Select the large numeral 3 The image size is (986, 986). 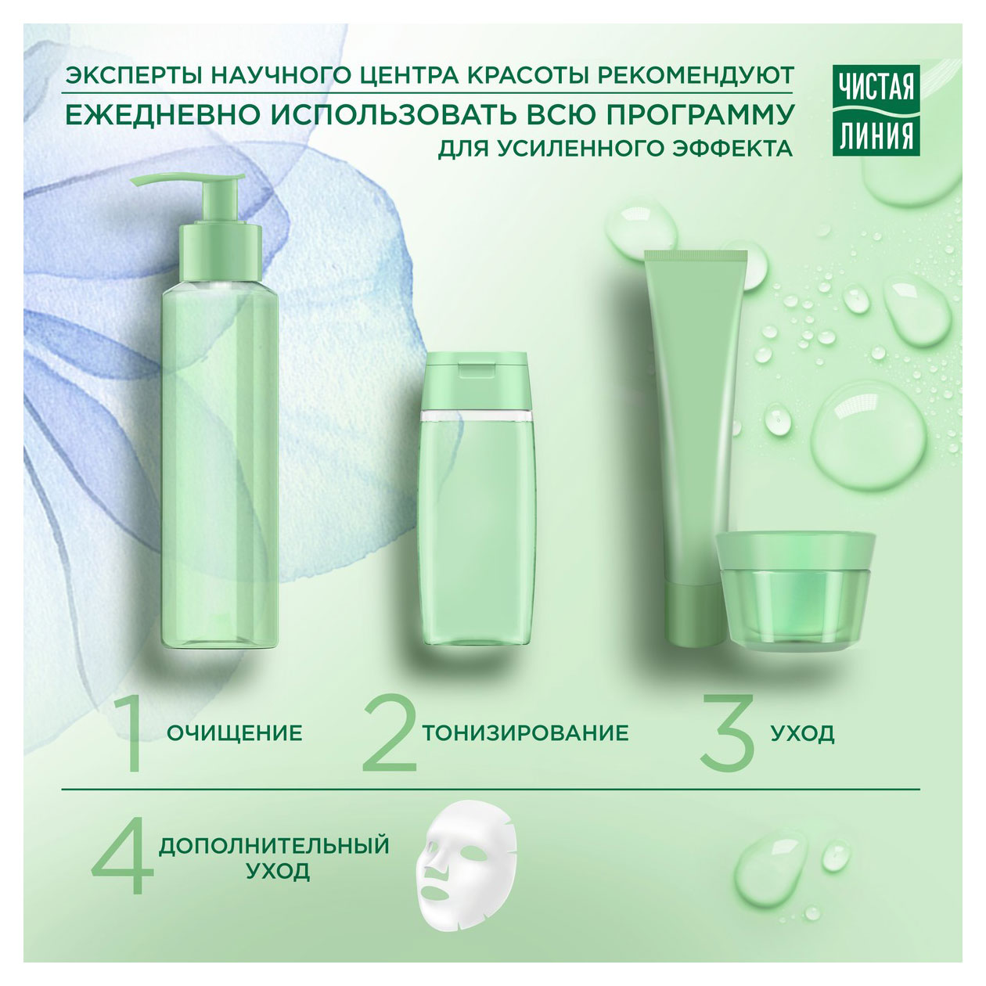[x=725, y=732]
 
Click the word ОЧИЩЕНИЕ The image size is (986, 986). [x=235, y=733]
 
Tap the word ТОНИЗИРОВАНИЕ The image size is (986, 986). [x=525, y=733]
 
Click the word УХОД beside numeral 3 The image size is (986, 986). [x=802, y=734]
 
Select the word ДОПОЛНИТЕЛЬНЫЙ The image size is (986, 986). [x=274, y=846]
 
